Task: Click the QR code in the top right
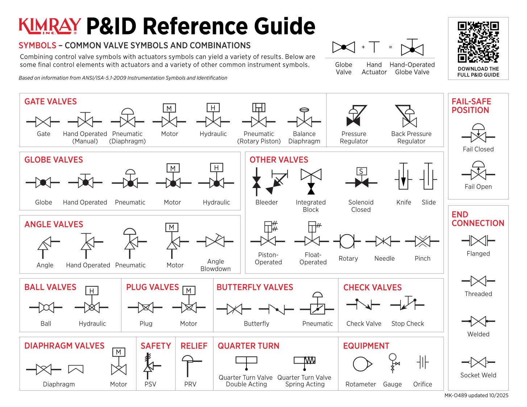click(x=478, y=42)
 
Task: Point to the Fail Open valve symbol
click(x=478, y=172)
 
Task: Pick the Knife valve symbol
click(x=403, y=176)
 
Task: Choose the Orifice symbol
click(x=423, y=362)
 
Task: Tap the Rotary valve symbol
click(x=347, y=241)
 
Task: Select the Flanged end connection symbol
click(x=478, y=240)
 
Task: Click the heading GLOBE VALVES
click(x=54, y=160)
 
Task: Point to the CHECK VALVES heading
click(x=372, y=288)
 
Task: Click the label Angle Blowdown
click(x=215, y=265)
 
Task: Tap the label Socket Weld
click(x=478, y=375)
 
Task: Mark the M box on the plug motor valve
click(x=188, y=290)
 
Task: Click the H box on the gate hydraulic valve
click(x=213, y=108)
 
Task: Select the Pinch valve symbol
click(x=422, y=241)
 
